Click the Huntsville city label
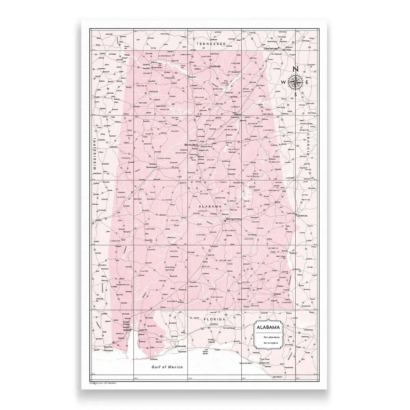(x=216, y=66)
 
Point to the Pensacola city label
(x=181, y=346)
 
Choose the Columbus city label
(x=302, y=216)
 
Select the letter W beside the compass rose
(x=284, y=82)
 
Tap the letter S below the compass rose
(x=296, y=95)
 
